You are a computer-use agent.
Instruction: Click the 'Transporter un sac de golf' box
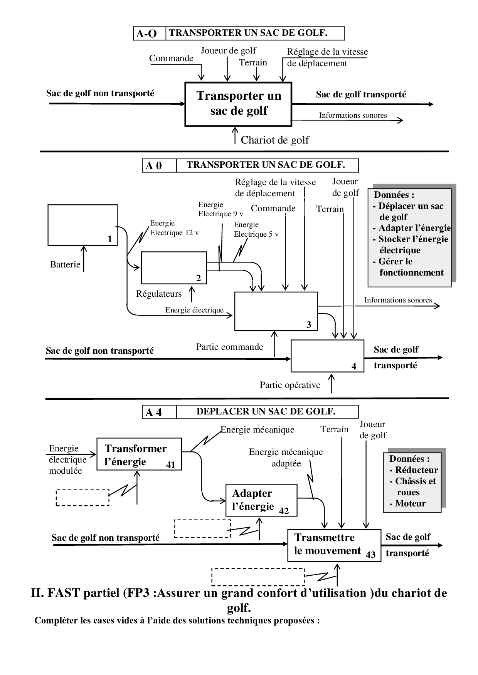coord(238,104)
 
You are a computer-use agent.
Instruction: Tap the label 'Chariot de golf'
coord(274,140)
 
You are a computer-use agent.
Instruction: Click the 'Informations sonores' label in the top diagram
coord(353,115)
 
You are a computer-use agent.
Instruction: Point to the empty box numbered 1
coord(82,225)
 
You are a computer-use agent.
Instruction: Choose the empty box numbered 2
coord(173,267)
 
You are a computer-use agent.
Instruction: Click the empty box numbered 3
coord(276,311)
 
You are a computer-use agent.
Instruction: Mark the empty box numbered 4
coord(327,356)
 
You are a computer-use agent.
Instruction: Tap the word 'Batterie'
coord(65,264)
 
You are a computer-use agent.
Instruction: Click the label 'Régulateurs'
coord(158,294)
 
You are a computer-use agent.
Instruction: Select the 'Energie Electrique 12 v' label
coord(174,228)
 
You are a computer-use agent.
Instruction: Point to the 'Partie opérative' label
coord(289,385)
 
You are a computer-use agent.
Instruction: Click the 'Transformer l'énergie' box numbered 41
coord(139,454)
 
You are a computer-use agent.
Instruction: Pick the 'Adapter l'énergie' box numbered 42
coord(261,500)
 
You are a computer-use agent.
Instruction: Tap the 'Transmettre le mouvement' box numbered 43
coord(334,545)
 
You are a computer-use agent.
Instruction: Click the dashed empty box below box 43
coord(258,576)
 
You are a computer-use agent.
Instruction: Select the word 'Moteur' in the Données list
coord(410,503)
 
